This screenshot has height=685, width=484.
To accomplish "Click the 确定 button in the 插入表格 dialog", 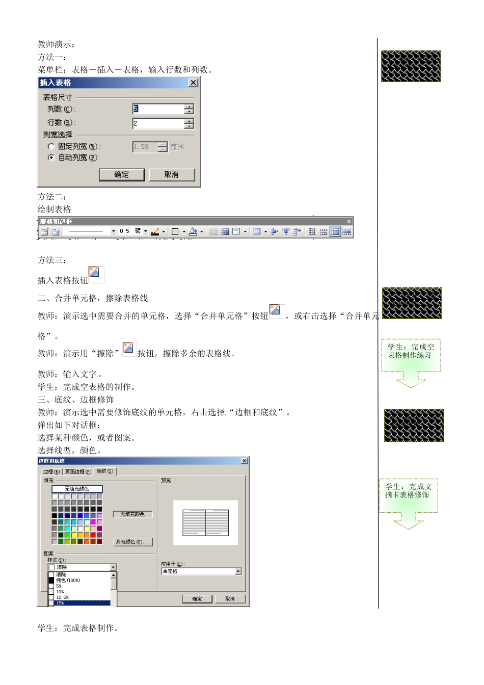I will pos(121,174).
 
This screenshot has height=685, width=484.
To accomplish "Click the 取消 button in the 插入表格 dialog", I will pos(172,174).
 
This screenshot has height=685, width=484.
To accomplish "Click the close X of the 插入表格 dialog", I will pos(193,83).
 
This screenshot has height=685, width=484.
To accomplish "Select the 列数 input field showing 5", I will pos(158,109).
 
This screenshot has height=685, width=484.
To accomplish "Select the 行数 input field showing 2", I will pos(158,123).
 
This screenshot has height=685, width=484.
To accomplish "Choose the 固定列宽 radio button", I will pos(51,147).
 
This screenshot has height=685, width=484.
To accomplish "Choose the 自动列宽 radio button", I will pos(51,157).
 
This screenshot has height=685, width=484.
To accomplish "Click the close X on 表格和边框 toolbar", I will pos(349,221).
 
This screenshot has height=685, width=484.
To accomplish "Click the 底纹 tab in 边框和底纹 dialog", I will pos(105,471).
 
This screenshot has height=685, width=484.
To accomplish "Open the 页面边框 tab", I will pos(78,472).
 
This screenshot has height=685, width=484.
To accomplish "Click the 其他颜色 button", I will pos(132,542).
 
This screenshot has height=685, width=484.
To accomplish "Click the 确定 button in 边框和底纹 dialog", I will pos(197,599).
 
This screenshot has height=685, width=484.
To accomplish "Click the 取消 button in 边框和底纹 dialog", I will pos(230,599).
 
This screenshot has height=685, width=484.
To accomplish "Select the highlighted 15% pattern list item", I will pos(82,603).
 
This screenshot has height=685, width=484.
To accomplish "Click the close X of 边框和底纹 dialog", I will pos(245,461).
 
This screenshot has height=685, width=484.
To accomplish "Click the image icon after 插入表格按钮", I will pos(96,274).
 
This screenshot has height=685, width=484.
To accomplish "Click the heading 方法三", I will pos(51,260).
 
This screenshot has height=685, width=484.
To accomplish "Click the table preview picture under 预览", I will pos(205,522).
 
